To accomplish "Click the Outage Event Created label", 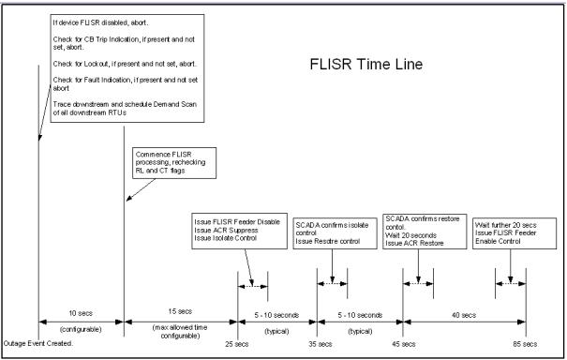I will (x=37, y=344).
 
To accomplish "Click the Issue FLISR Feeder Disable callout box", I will (x=238, y=232).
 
